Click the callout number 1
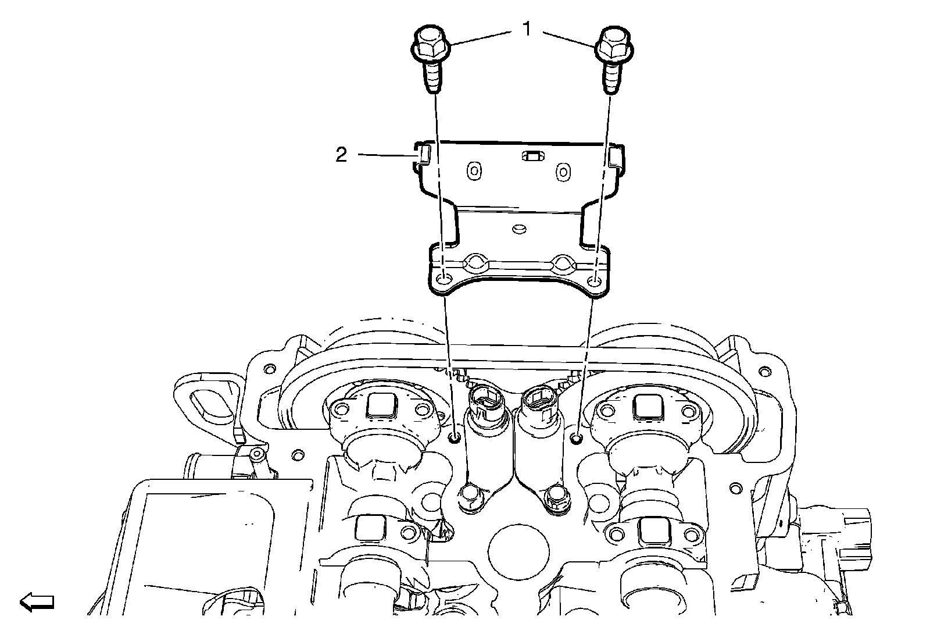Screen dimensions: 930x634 tap(527, 29)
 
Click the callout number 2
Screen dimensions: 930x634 tap(341, 155)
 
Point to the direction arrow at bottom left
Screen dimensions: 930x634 tap(37, 602)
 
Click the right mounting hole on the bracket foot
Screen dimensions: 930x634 tap(595, 282)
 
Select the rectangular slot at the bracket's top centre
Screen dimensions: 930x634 tap(532, 156)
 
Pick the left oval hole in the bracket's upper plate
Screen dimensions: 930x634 tap(474, 171)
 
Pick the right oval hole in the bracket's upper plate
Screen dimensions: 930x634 tap(563, 172)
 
